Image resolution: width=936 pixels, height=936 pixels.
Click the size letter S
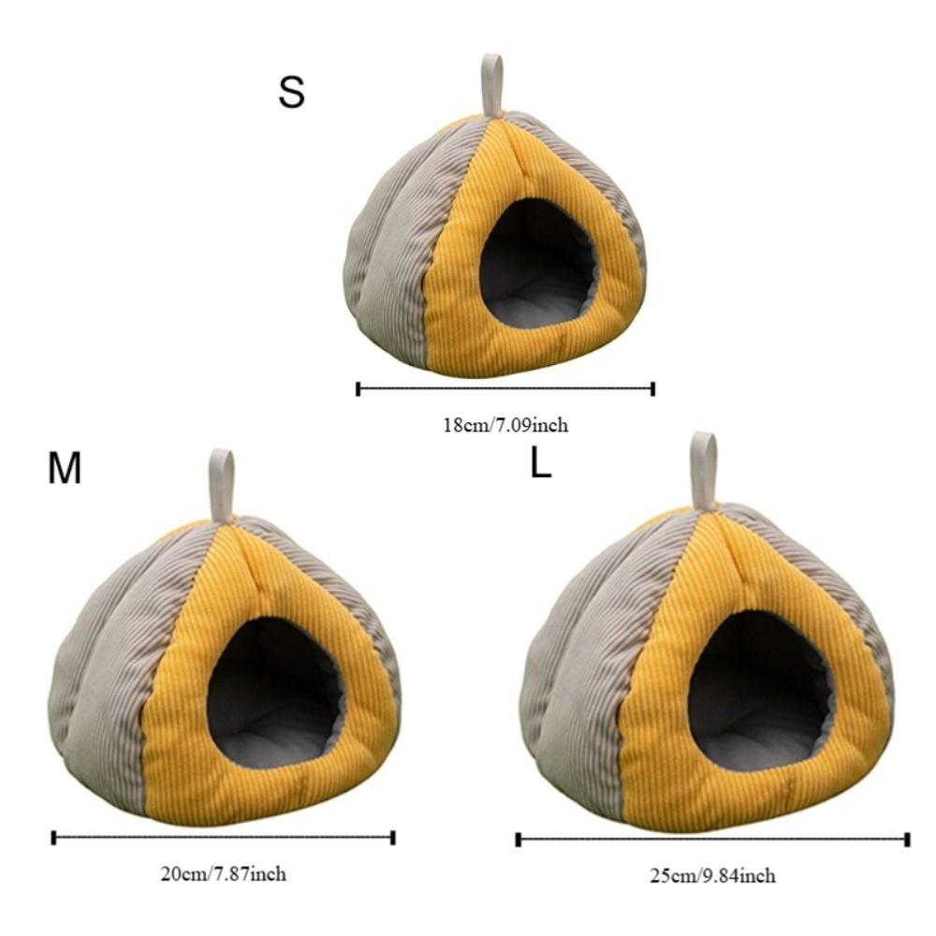(x=291, y=94)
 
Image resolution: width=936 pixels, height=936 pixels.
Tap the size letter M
(x=65, y=469)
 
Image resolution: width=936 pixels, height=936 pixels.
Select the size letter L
(x=540, y=463)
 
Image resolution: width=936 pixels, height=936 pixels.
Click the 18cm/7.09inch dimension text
(x=505, y=425)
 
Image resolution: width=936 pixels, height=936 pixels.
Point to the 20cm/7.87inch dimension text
(x=223, y=874)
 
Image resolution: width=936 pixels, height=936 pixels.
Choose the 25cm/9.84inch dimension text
(x=712, y=876)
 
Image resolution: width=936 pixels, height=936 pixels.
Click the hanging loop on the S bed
(x=491, y=84)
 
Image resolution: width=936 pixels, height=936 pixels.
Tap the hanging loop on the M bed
(x=221, y=483)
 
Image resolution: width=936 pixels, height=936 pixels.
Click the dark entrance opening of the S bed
(x=535, y=253)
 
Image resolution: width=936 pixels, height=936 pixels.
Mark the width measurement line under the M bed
(x=223, y=837)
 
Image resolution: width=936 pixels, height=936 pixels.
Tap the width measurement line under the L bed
(x=712, y=840)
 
